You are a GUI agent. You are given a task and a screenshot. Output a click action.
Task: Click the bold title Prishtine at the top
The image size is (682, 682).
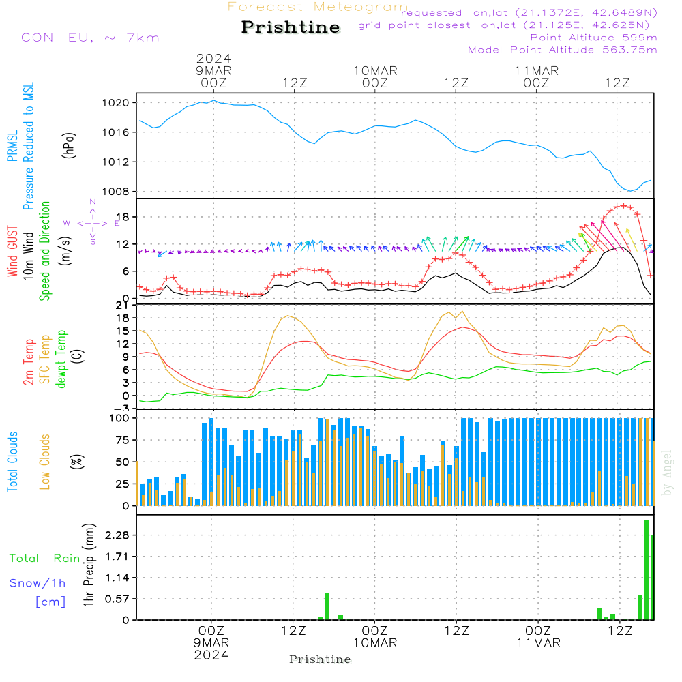(x=291, y=27)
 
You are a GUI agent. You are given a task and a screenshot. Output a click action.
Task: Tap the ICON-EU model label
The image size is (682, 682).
(x=87, y=37)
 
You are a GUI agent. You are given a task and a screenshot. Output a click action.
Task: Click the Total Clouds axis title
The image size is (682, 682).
(x=12, y=462)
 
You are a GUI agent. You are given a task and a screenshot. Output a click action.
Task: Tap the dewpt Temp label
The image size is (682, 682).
(x=61, y=359)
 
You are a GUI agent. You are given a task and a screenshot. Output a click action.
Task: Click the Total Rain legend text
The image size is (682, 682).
(x=45, y=558)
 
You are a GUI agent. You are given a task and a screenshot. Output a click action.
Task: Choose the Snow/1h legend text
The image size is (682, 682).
(x=38, y=583)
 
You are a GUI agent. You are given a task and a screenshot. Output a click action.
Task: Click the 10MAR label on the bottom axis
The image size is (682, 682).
(x=375, y=643)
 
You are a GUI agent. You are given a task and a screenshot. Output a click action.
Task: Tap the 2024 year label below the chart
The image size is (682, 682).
(x=211, y=655)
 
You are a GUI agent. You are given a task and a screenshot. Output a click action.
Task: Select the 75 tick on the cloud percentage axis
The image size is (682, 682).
(x=121, y=440)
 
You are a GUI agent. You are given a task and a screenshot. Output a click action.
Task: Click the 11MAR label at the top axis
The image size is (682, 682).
(x=537, y=70)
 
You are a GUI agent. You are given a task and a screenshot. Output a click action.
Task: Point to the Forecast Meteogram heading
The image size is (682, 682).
(x=317, y=7)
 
